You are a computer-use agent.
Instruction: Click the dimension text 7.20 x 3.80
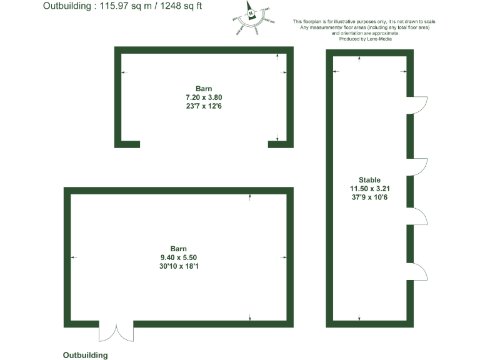pos(204,97)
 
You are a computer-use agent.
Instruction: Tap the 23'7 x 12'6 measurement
pos(204,106)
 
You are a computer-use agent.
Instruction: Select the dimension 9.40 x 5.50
pos(179,257)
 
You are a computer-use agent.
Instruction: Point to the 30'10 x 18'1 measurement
pos(179,266)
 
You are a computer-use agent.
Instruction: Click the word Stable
pos(369,180)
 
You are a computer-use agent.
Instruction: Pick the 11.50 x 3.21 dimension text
pos(369,189)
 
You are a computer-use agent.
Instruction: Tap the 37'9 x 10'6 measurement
pos(369,197)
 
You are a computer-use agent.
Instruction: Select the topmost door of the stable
pos(417,106)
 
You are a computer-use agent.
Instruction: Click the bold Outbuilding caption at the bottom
pos(86,354)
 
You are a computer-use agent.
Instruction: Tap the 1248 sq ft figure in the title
pos(182,6)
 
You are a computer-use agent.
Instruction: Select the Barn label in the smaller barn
pos(204,89)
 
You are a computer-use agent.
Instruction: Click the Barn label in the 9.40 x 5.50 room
pos(179,249)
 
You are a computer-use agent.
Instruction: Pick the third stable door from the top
pos(417,216)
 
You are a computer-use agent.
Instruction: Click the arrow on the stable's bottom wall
pos(359,319)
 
